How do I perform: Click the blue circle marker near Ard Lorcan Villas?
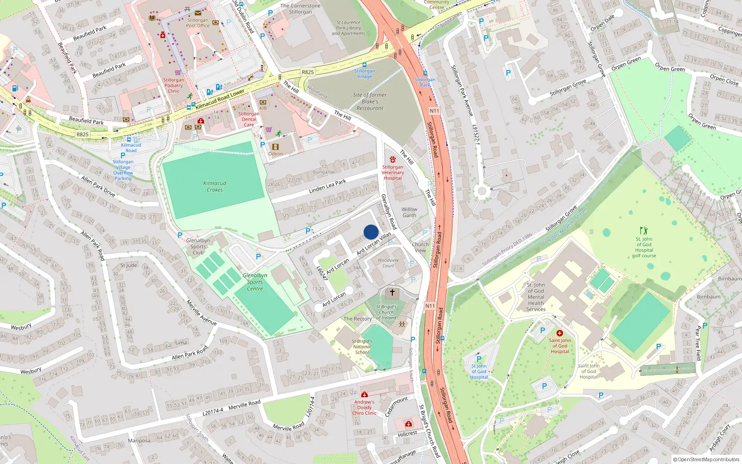371,232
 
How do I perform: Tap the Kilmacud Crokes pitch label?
215,187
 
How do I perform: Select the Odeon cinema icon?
275,147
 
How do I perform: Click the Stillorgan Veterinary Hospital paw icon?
393,160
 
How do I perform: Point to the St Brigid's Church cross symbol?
392,292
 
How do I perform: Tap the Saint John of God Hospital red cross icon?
560,333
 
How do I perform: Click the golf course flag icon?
644,231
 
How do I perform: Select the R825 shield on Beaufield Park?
83,134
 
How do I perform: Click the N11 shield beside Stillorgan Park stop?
434,111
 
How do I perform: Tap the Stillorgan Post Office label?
198,23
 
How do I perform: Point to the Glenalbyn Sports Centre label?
255,282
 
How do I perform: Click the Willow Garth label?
409,212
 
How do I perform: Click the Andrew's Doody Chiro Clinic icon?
364,394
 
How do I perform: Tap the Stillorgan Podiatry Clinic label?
173,85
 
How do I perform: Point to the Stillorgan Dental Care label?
249,119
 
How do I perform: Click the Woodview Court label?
388,263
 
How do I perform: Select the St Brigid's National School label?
362,347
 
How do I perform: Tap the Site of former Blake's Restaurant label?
370,101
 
